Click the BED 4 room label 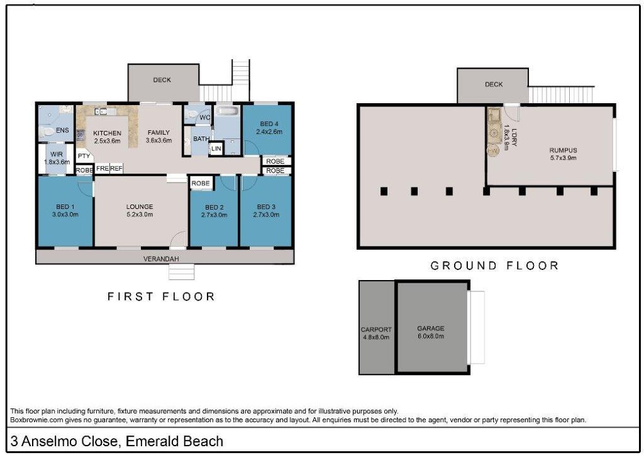tap(269, 124)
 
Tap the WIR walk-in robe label tap(57, 154)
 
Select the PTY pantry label tap(84, 156)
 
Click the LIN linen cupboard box tap(216, 149)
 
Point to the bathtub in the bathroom tap(227, 111)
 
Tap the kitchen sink tap(101, 111)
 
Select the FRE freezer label tap(103, 169)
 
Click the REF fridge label tap(116, 169)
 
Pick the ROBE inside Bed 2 tap(201, 183)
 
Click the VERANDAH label tap(161, 259)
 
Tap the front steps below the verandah tap(182, 271)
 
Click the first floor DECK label tap(162, 80)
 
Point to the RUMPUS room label tap(563, 150)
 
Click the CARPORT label tap(376, 329)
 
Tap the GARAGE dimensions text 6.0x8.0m tap(430, 336)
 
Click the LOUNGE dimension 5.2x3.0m tap(140, 215)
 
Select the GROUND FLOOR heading tap(494, 266)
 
